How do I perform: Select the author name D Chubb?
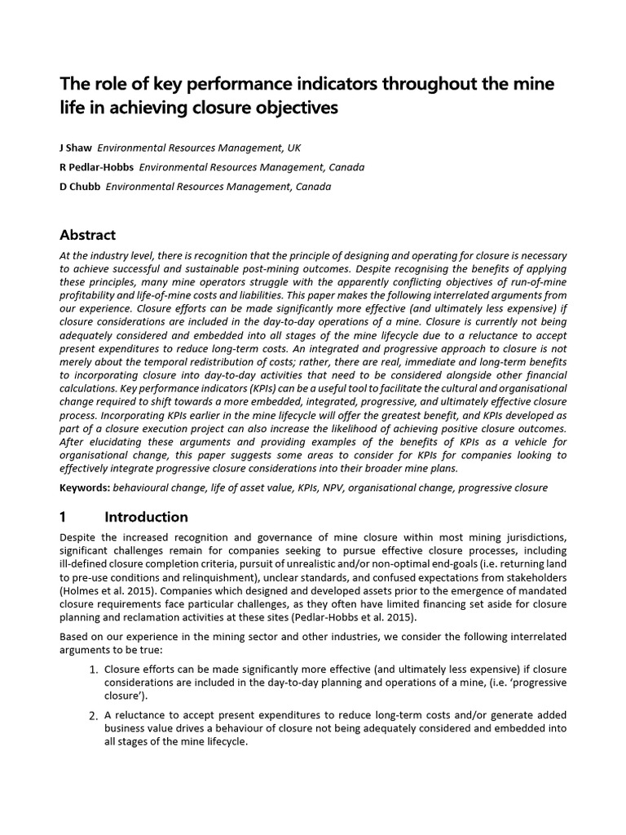[x=80, y=187]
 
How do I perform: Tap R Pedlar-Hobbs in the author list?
[x=97, y=167]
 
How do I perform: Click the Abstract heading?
[x=87, y=235]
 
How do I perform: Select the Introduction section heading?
[x=146, y=517]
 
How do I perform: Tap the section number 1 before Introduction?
[x=64, y=517]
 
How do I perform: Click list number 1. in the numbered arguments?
[x=93, y=669]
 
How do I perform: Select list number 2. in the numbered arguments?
[x=93, y=715]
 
